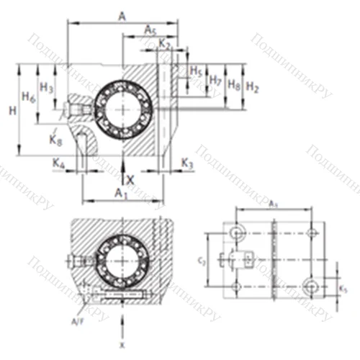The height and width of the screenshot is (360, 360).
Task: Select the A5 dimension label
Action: (x=150, y=30)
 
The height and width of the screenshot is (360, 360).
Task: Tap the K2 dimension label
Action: (x=165, y=45)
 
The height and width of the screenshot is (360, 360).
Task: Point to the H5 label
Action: (x=196, y=71)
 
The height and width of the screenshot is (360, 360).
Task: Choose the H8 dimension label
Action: (x=234, y=84)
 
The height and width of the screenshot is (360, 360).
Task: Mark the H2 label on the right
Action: (x=252, y=87)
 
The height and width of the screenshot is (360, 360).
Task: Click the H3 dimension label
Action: (x=47, y=87)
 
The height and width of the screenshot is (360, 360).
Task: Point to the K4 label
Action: (x=60, y=165)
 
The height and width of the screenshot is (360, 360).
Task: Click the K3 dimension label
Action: (x=186, y=164)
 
